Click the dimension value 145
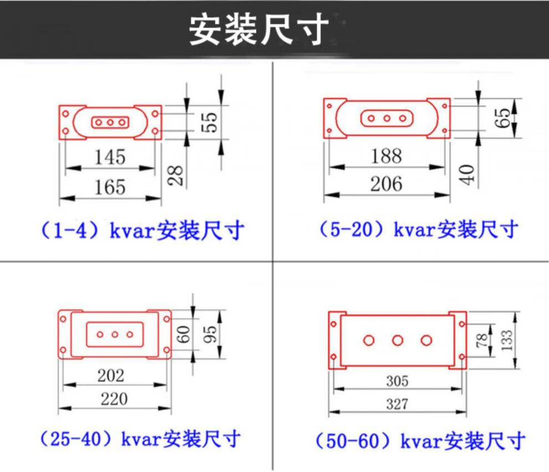pyautogui.click(x=110, y=157)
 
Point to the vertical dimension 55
pyautogui.click(x=212, y=121)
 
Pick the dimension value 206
pyautogui.click(x=386, y=183)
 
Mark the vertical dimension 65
pyautogui.click(x=502, y=118)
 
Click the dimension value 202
pyautogui.click(x=111, y=375)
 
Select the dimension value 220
pyautogui.click(x=114, y=398)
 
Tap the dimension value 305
pyautogui.click(x=397, y=381)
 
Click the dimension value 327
pyautogui.click(x=397, y=404)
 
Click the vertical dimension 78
pyautogui.click(x=481, y=339)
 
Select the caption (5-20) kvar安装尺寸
pyautogui.click(x=419, y=229)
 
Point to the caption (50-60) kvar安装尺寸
pyautogui.click(x=420, y=441)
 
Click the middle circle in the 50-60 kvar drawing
pyautogui.click(x=398, y=340)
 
